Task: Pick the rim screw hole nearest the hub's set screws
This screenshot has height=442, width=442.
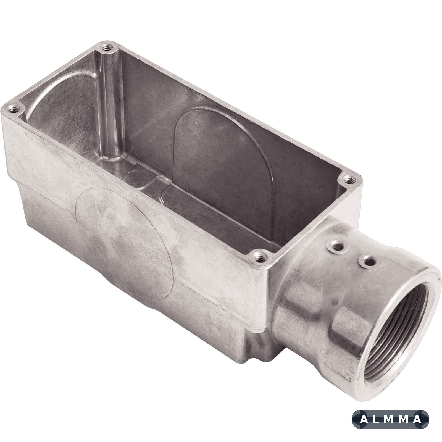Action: pos(259,259)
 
